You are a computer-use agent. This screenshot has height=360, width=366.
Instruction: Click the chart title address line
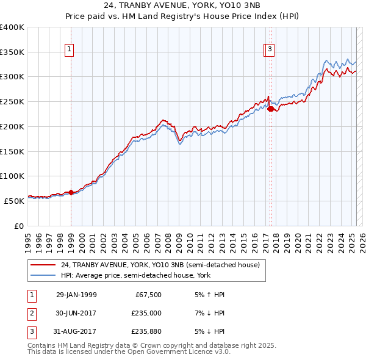182,7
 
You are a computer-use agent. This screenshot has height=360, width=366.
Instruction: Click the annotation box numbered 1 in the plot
70,50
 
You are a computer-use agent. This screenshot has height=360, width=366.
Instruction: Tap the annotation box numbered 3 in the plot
269,50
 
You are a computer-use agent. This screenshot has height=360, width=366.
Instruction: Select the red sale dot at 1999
71,192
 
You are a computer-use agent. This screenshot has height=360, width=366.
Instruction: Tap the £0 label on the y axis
19,225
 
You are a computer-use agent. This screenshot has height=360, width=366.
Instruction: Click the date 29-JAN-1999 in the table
76,295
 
